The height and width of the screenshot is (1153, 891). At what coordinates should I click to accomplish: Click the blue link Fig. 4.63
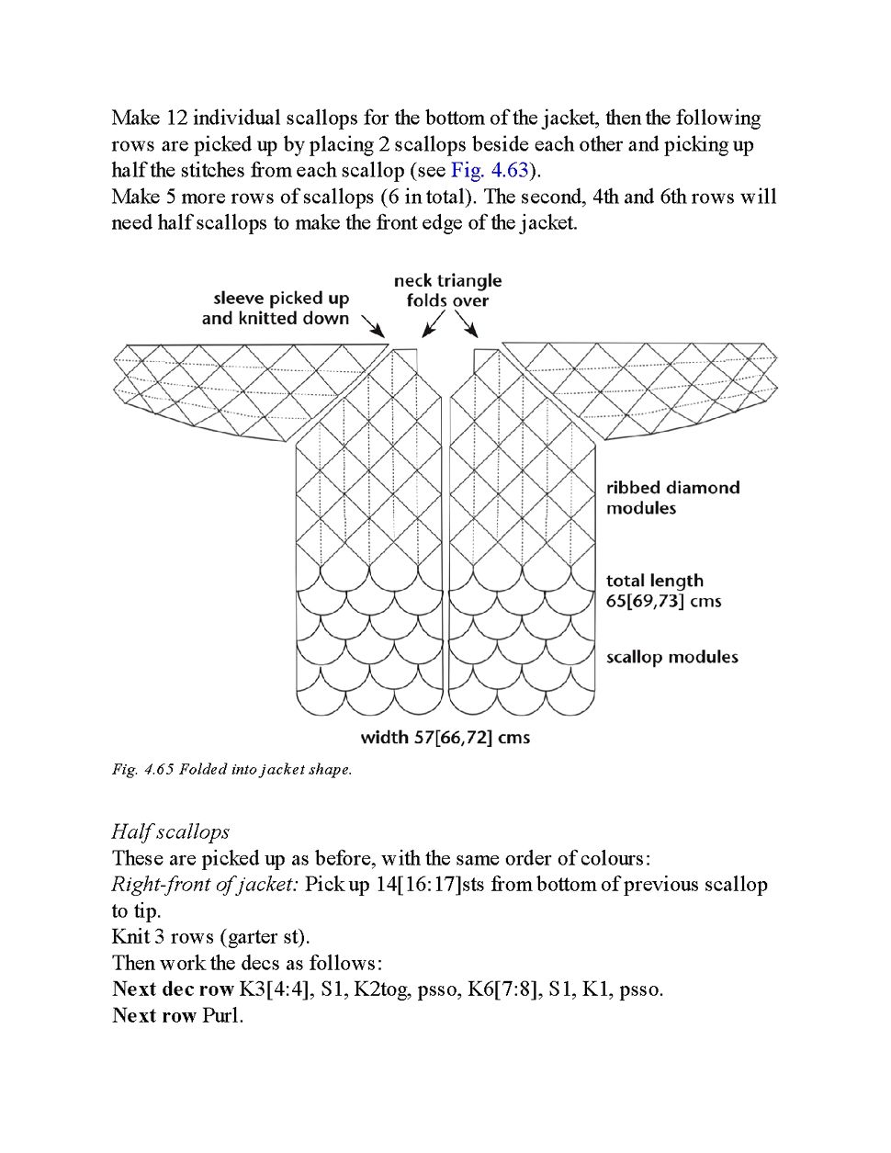tap(490, 170)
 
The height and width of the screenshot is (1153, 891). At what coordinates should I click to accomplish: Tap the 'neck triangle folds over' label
tap(448, 290)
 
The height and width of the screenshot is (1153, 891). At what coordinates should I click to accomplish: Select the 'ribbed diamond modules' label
tap(672, 498)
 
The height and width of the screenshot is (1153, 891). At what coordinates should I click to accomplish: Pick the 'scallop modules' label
tap(671, 657)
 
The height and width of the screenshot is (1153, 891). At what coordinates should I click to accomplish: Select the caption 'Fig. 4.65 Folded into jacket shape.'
tap(231, 769)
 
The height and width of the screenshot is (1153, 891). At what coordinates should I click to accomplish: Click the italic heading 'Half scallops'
tap(170, 831)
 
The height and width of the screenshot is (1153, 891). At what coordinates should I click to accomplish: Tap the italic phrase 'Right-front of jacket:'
tap(205, 884)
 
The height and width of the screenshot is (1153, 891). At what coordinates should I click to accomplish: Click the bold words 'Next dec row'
tap(173, 989)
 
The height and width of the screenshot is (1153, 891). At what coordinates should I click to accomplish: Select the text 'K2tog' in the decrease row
tap(382, 989)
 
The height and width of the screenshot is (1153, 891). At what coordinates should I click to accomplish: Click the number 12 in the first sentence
tap(175, 119)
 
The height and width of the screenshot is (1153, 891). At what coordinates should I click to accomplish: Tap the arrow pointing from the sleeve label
tap(372, 325)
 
